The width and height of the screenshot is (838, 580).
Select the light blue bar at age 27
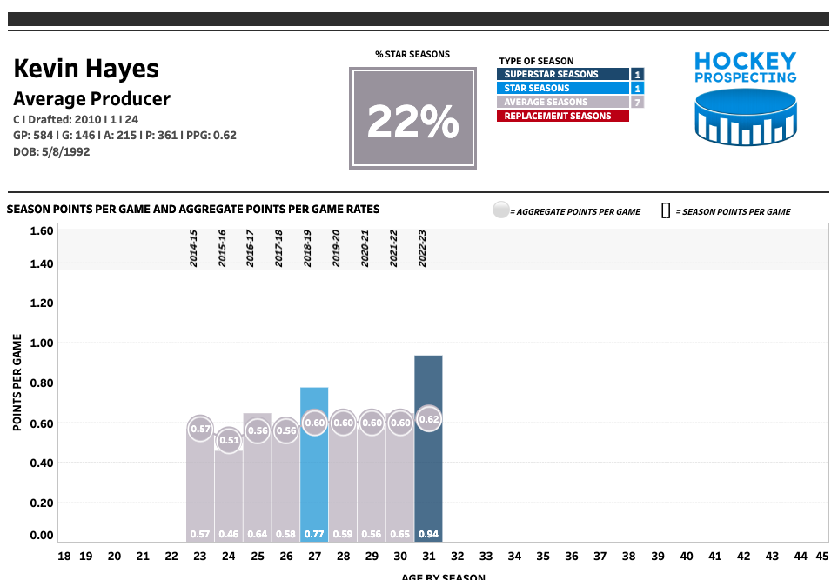(314, 470)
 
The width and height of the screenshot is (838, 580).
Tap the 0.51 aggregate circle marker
(229, 440)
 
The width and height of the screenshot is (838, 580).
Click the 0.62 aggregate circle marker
(429, 419)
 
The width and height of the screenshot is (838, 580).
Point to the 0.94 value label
(428, 534)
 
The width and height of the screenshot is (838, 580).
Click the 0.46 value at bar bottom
(229, 534)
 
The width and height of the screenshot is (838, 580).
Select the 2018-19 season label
(307, 248)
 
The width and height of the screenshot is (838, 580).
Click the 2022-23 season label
(421, 248)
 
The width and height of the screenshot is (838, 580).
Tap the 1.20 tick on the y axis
(42, 303)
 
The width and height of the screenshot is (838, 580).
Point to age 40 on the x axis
(687, 556)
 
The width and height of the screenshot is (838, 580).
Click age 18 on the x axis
(64, 556)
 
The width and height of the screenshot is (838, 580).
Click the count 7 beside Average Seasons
(637, 102)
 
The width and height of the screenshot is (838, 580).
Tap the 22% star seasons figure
(412, 122)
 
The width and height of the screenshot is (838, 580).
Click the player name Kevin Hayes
(86, 69)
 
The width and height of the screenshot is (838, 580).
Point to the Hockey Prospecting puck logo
(746, 119)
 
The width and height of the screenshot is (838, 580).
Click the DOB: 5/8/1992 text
(51, 151)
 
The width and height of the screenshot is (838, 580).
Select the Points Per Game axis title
(17, 383)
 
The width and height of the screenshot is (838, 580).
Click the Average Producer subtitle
(91, 99)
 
